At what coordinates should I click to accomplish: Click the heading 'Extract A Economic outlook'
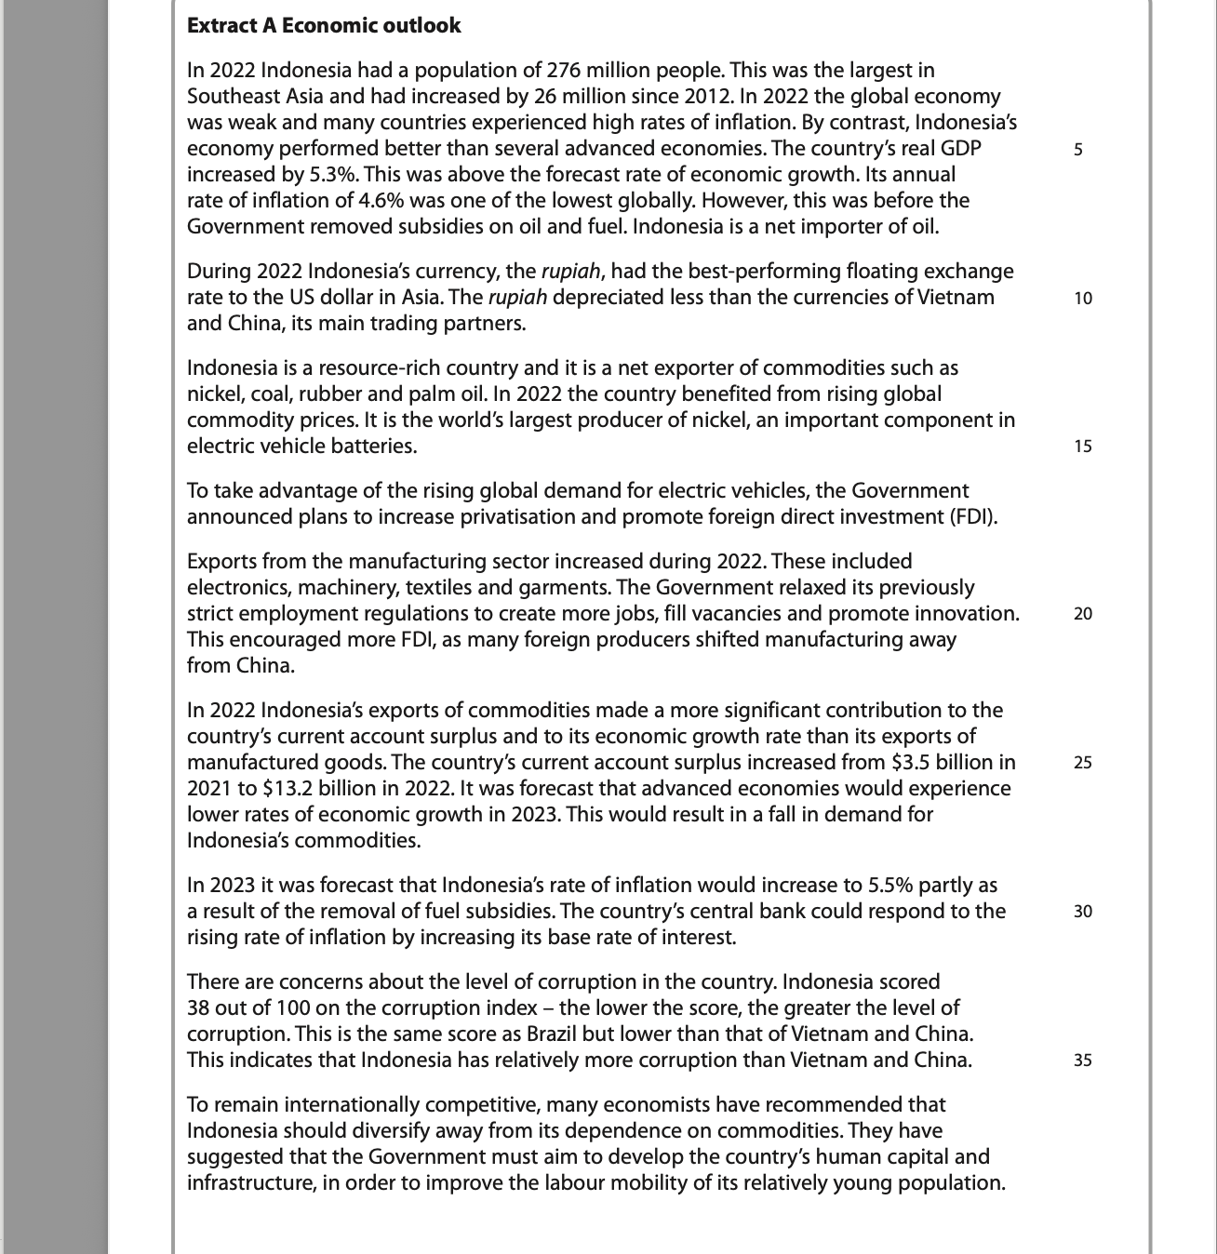coord(324,26)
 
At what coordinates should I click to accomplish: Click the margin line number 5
coord(1078,149)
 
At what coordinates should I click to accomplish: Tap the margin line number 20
coord(1082,614)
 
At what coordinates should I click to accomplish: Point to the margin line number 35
coord(1082,1061)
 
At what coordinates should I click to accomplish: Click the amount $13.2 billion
coord(320,789)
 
